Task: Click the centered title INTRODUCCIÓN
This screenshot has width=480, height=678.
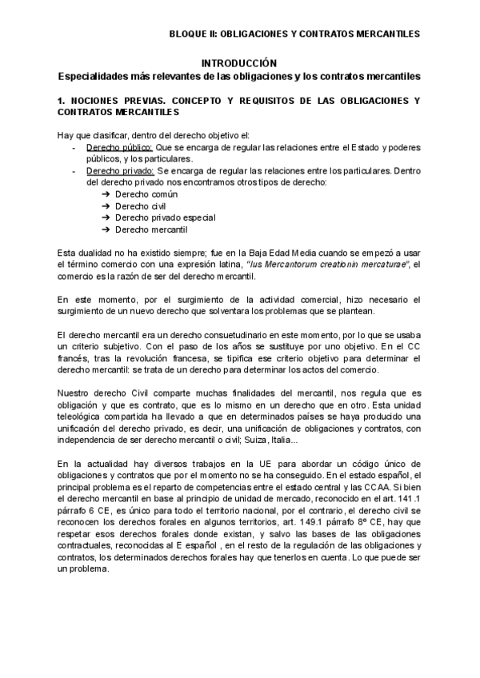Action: pos(238,63)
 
